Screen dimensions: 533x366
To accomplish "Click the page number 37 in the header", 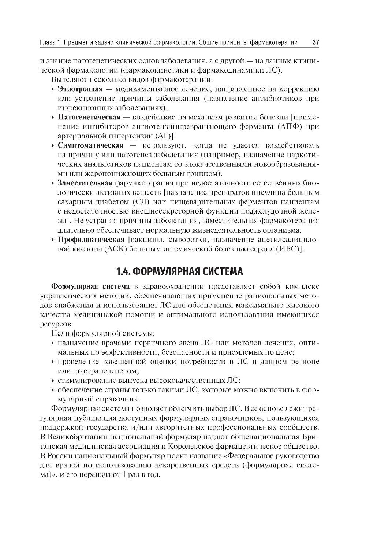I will click(x=316, y=43).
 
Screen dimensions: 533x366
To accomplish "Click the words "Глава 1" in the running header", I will click(x=50, y=43).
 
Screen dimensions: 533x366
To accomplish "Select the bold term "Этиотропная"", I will click(x=80, y=89).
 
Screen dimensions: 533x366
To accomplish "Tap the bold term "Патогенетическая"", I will click(x=89, y=117).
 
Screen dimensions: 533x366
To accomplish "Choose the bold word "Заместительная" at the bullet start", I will click(x=85, y=183).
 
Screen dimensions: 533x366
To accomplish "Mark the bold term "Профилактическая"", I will click(x=91, y=240).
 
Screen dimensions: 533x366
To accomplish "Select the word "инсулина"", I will click(x=252, y=192).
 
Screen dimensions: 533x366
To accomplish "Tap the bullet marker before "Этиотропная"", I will click(x=53, y=89).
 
